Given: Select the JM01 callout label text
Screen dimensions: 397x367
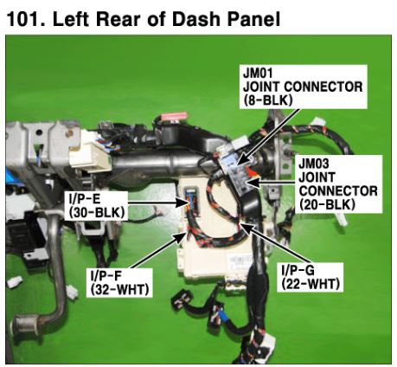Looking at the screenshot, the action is (258, 73).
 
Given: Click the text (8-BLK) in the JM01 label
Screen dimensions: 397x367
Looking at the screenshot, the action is (268, 100).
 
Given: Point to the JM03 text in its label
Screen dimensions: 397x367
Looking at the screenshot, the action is (313, 164).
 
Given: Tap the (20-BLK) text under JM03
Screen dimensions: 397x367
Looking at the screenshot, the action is (327, 204).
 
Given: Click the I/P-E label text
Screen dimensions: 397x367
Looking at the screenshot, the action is (83, 198).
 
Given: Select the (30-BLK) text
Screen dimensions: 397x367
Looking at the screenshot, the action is (96, 213).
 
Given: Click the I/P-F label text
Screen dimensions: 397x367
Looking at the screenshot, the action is (106, 276).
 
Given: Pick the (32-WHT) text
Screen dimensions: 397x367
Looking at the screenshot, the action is (119, 290).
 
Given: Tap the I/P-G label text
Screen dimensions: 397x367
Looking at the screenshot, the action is (298, 270).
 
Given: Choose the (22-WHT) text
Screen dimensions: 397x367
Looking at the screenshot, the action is (311, 284).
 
